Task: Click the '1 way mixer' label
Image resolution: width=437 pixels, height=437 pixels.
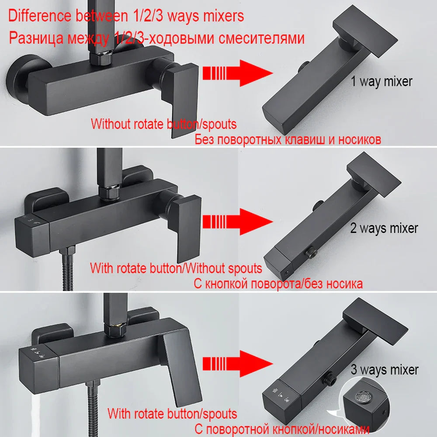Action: pos(382,81)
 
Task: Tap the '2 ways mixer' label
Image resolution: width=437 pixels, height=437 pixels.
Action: pos(384,228)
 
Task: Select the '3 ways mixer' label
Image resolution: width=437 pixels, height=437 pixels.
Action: pos(385,370)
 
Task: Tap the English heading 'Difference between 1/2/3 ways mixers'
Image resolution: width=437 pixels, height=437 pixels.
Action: pos(126,16)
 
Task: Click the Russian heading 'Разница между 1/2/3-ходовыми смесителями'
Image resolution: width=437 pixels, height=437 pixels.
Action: pos(156,38)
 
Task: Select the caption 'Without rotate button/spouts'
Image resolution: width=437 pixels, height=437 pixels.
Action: pos(163,124)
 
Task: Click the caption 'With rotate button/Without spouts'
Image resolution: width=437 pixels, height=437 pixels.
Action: pos(176,268)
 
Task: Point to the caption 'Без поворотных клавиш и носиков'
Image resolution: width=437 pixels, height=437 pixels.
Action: pos(288,140)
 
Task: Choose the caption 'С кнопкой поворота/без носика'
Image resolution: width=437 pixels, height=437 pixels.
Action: pos(277,284)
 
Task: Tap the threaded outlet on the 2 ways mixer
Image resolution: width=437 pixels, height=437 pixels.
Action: pos(312,251)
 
